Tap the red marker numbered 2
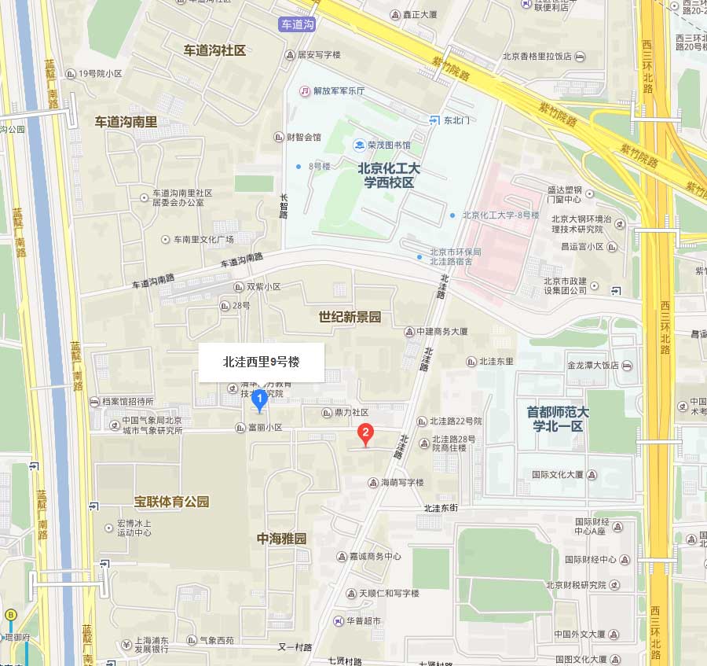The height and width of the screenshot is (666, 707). (x=364, y=432)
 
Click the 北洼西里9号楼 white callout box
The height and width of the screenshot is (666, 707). (x=261, y=362)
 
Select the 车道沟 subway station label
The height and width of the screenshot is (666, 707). (x=298, y=25)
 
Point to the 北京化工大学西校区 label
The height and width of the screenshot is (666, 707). (x=389, y=175)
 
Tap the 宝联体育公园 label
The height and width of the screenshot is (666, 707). (x=172, y=501)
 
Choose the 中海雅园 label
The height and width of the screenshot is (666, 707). (x=281, y=539)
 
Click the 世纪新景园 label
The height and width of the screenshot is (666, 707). (x=350, y=317)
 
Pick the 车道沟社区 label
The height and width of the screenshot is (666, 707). (x=214, y=50)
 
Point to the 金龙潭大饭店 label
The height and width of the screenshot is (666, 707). (x=593, y=366)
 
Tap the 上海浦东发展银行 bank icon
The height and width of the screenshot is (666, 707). (x=126, y=646)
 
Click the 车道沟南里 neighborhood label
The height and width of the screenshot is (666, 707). (x=126, y=122)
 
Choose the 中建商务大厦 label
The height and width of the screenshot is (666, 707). (x=442, y=331)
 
